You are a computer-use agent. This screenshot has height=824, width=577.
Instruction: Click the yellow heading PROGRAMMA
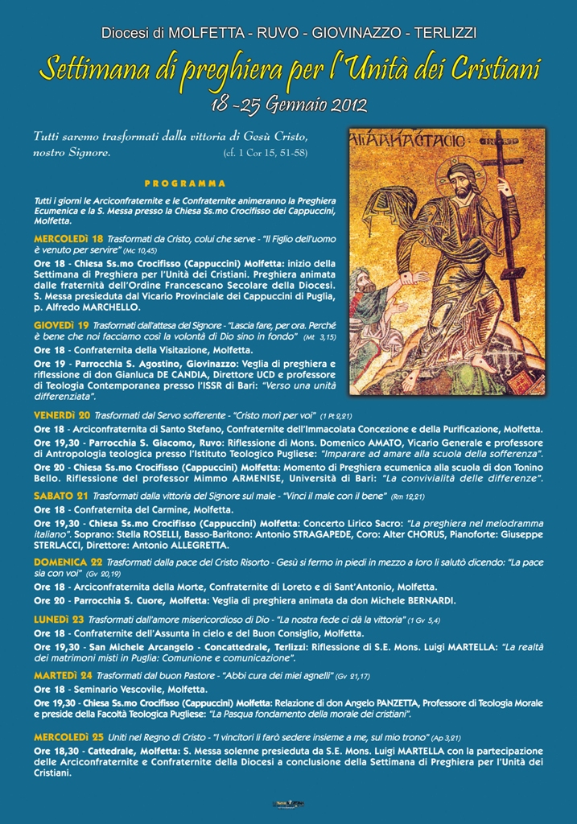tap(185, 183)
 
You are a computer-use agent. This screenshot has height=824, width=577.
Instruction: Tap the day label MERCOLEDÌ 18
tap(68, 239)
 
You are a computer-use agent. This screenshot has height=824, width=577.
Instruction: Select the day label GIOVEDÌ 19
tap(61, 324)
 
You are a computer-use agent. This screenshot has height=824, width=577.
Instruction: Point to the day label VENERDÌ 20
tap(62, 414)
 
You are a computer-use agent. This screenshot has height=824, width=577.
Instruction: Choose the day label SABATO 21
tap(60, 496)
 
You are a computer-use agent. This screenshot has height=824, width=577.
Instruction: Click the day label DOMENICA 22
tap(68, 562)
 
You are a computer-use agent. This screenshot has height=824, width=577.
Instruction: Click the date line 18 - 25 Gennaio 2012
tap(287, 105)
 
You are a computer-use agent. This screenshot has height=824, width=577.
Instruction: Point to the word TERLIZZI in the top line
tap(441, 33)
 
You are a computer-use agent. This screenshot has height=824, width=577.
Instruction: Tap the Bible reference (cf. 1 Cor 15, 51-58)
tap(266, 152)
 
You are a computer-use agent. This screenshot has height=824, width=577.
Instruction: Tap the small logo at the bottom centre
tap(288, 804)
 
